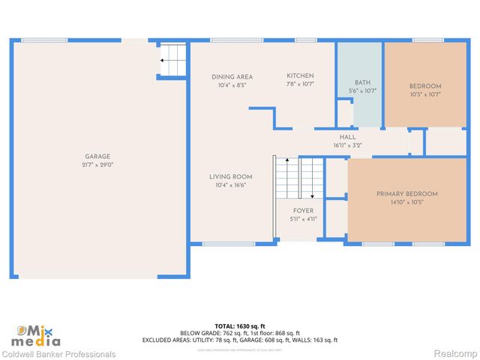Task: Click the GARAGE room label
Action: click(x=97, y=157)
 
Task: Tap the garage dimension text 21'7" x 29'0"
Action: click(x=97, y=165)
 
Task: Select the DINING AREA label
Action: click(x=232, y=76)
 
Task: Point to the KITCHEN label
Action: click(x=300, y=76)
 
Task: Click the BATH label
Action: click(x=363, y=82)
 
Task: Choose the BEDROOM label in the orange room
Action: click(x=425, y=86)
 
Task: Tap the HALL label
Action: click(x=347, y=137)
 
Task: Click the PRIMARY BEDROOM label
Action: click(x=406, y=194)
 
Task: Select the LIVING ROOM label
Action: click(x=230, y=177)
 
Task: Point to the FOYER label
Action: click(x=303, y=211)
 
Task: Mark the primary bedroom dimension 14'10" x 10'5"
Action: click(x=406, y=202)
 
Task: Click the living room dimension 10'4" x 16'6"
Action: click(x=230, y=185)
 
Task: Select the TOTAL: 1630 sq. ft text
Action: click(x=239, y=325)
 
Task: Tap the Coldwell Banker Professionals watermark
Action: click(x=58, y=354)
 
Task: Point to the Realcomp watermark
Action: click(x=457, y=354)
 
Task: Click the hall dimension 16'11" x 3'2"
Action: click(x=347, y=145)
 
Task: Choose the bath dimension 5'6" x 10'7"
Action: click(x=363, y=91)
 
